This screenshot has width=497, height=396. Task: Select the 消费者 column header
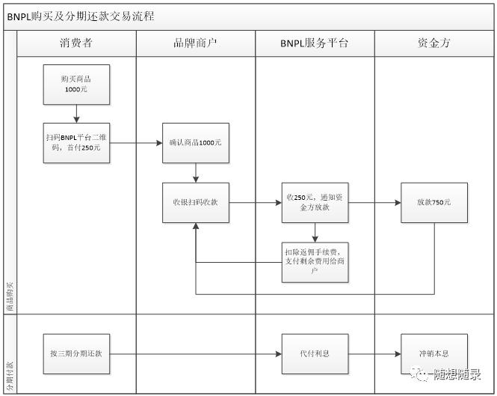pyautogui.click(x=76, y=43)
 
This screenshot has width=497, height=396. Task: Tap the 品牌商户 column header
pyautogui.click(x=195, y=43)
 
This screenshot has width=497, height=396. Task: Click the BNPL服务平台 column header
pyautogui.click(x=315, y=43)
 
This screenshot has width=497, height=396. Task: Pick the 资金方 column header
pyautogui.click(x=433, y=43)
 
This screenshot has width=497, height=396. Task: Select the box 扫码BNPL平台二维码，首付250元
pyautogui.click(x=76, y=142)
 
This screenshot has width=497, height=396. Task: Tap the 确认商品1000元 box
pyautogui.click(x=196, y=142)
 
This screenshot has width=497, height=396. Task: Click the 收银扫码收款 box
pyautogui.click(x=196, y=202)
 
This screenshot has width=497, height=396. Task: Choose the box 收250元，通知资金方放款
pyautogui.click(x=315, y=202)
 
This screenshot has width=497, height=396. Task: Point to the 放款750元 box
pyautogui.click(x=433, y=202)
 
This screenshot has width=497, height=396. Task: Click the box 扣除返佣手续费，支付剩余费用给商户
pyautogui.click(x=315, y=261)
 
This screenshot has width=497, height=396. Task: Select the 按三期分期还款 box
pyautogui.click(x=76, y=353)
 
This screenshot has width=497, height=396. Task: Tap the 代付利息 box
pyautogui.click(x=315, y=353)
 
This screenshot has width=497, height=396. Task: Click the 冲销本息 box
pyautogui.click(x=433, y=353)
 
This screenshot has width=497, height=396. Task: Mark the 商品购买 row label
pyautogui.click(x=10, y=296)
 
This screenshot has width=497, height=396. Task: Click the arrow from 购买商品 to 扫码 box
pyautogui.click(x=76, y=113)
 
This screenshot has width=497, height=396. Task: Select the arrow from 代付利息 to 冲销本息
pyautogui.click(x=374, y=353)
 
